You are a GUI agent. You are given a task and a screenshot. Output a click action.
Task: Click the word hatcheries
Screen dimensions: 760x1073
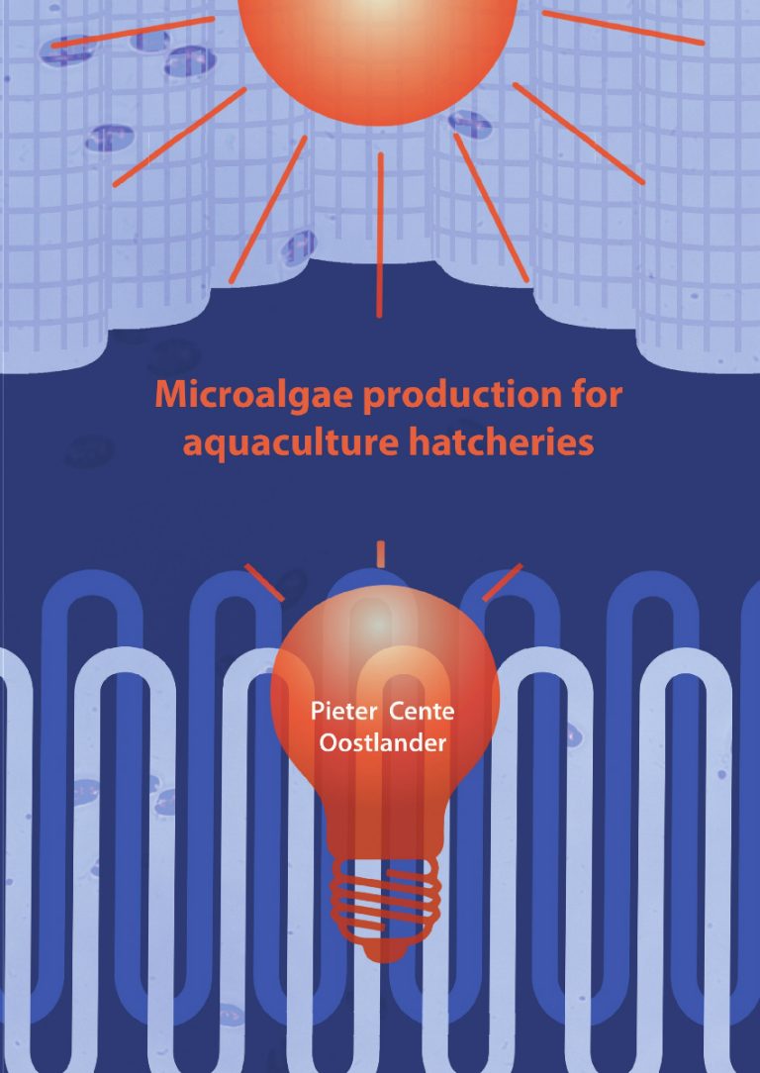(x=502, y=442)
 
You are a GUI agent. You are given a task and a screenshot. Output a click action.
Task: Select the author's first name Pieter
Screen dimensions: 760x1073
(x=343, y=712)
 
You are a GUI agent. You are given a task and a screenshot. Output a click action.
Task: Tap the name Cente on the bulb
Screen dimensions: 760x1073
(x=422, y=712)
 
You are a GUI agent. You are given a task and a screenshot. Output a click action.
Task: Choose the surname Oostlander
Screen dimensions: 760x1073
(x=383, y=743)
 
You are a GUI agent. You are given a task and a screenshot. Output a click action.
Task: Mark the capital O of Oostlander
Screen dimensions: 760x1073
(x=330, y=743)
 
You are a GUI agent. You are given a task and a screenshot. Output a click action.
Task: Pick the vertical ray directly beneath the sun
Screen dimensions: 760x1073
(x=380, y=235)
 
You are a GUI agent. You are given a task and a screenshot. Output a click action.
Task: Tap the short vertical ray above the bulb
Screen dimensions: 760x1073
(x=380, y=554)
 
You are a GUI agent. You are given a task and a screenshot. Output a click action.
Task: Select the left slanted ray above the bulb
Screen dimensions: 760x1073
(x=264, y=583)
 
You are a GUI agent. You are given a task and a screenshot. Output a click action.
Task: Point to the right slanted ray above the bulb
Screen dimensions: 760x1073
(x=502, y=582)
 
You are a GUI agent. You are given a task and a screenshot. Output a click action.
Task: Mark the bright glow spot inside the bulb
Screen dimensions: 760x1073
(x=378, y=624)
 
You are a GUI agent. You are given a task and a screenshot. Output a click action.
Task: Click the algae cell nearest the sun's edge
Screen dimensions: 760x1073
(x=470, y=124)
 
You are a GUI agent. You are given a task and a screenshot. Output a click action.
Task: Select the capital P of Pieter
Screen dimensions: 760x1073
(x=317, y=712)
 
